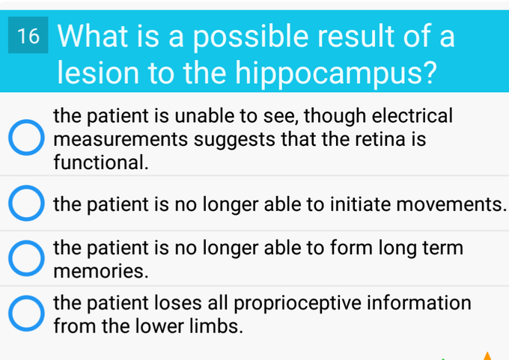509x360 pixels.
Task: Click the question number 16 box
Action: (x=28, y=35)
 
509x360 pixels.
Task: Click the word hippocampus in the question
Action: (x=336, y=73)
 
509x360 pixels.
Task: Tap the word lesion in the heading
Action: (x=98, y=73)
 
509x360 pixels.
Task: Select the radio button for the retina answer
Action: (x=26, y=137)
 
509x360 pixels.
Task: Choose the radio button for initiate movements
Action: (x=26, y=204)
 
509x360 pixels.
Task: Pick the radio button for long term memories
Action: (x=26, y=258)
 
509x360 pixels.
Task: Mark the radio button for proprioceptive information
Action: (x=26, y=314)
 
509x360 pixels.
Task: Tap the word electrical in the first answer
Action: (x=412, y=116)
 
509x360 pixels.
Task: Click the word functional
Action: (x=101, y=162)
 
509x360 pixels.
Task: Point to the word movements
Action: (x=451, y=204)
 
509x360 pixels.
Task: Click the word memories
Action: (x=101, y=271)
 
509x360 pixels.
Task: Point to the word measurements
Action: (x=121, y=140)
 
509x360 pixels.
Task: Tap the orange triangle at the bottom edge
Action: (x=487, y=356)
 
